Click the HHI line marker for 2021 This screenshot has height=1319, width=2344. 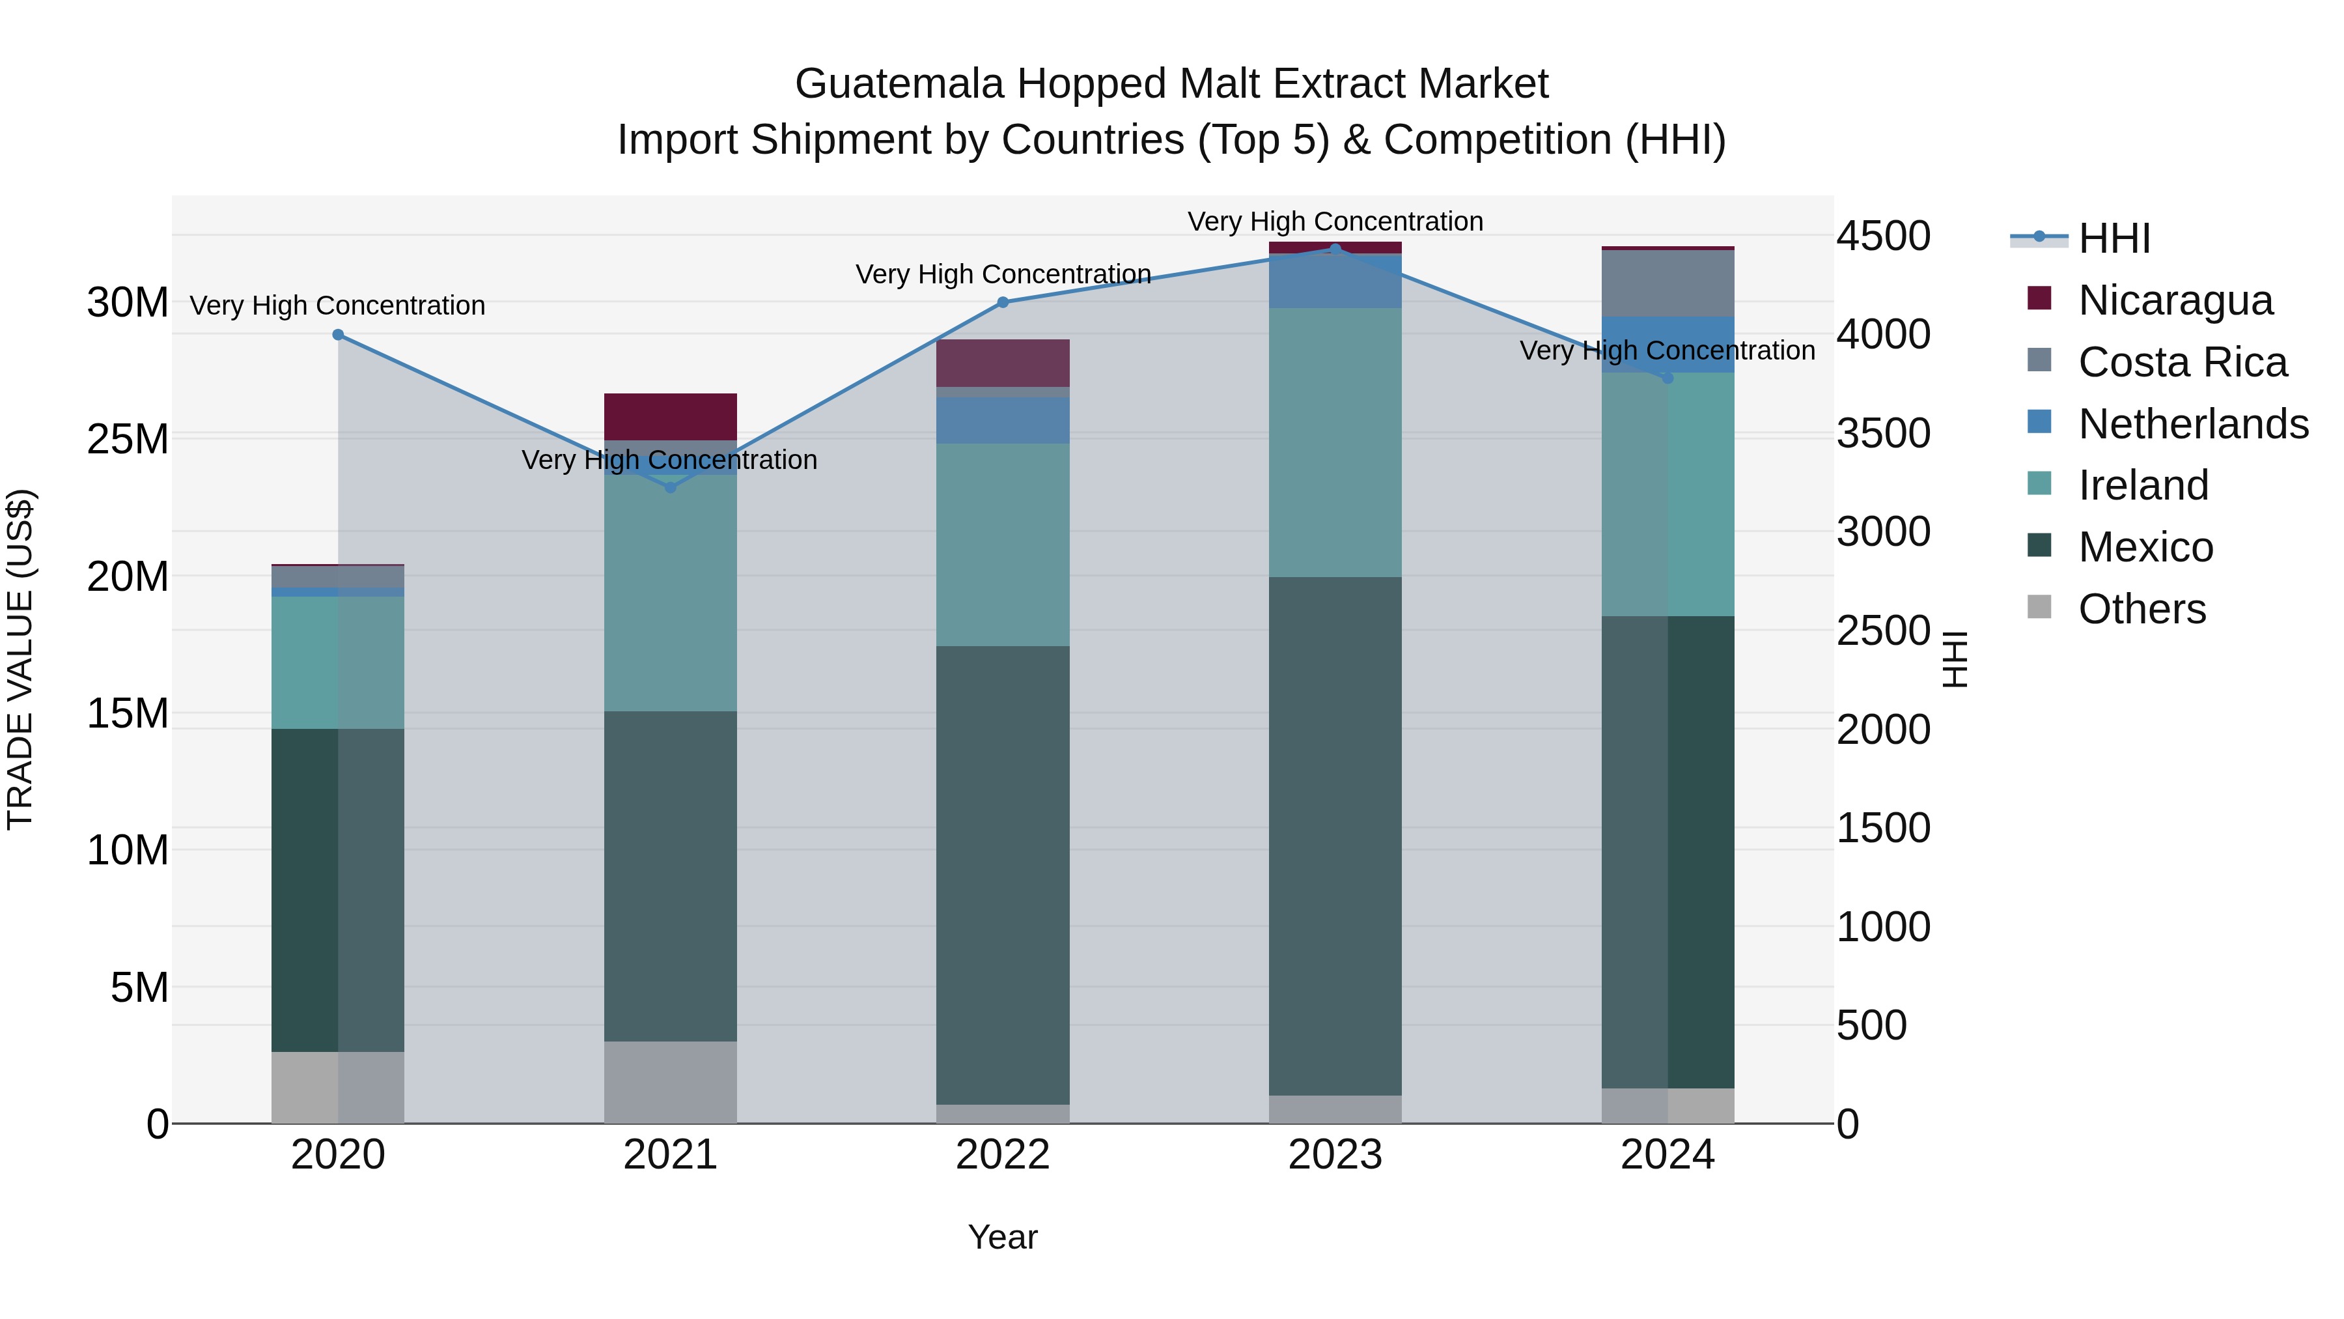671,488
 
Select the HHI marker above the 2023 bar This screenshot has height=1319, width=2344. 1335,249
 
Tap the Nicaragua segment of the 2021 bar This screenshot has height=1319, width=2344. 671,417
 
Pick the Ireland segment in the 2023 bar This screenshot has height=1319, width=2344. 1335,442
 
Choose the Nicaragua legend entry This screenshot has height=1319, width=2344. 2175,300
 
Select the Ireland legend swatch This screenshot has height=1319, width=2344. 2039,483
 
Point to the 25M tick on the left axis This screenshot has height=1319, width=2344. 128,440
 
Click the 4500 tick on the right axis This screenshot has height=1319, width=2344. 1882,236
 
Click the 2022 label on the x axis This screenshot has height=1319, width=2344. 1003,1155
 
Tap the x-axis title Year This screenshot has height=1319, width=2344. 1003,1237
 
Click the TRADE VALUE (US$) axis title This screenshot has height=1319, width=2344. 21,659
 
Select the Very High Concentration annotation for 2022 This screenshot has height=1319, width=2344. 1003,274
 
